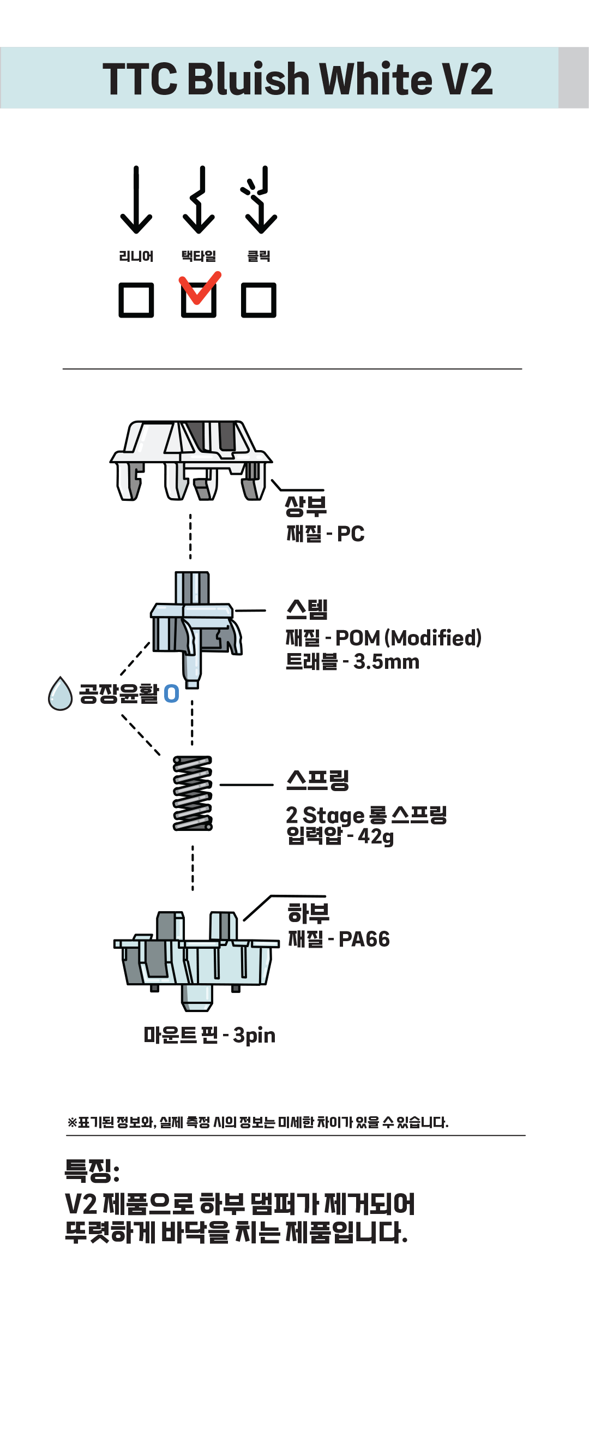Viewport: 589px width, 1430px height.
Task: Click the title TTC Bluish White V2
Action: tap(297, 78)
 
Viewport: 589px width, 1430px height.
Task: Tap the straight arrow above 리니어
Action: tap(136, 200)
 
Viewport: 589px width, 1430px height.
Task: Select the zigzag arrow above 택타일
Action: tap(199, 200)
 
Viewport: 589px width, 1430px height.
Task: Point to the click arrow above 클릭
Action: tap(260, 200)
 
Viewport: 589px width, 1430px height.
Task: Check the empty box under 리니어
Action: tap(136, 300)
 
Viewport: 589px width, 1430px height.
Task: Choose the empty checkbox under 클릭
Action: tap(259, 300)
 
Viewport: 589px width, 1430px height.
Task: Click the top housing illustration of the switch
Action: tap(190, 460)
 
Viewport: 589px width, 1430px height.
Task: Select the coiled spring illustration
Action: tap(193, 793)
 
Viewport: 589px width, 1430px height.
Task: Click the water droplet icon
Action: tap(60, 694)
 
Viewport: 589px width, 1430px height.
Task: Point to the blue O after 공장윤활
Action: tap(172, 694)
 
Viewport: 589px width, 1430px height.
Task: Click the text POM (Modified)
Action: tap(408, 638)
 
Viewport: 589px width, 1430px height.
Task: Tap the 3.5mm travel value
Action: tap(386, 662)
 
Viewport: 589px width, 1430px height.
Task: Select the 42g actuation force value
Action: tap(376, 836)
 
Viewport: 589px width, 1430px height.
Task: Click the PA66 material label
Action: tap(364, 940)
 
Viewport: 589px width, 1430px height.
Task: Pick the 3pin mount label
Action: tap(254, 1036)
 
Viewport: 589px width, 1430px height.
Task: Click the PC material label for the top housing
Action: tap(351, 534)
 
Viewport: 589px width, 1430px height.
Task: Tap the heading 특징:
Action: tap(92, 1170)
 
